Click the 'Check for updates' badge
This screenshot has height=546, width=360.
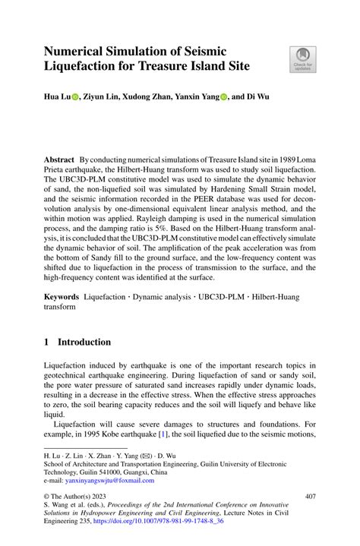302,59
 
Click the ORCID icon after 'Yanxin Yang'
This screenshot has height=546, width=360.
225,98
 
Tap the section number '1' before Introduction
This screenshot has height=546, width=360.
47,342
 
